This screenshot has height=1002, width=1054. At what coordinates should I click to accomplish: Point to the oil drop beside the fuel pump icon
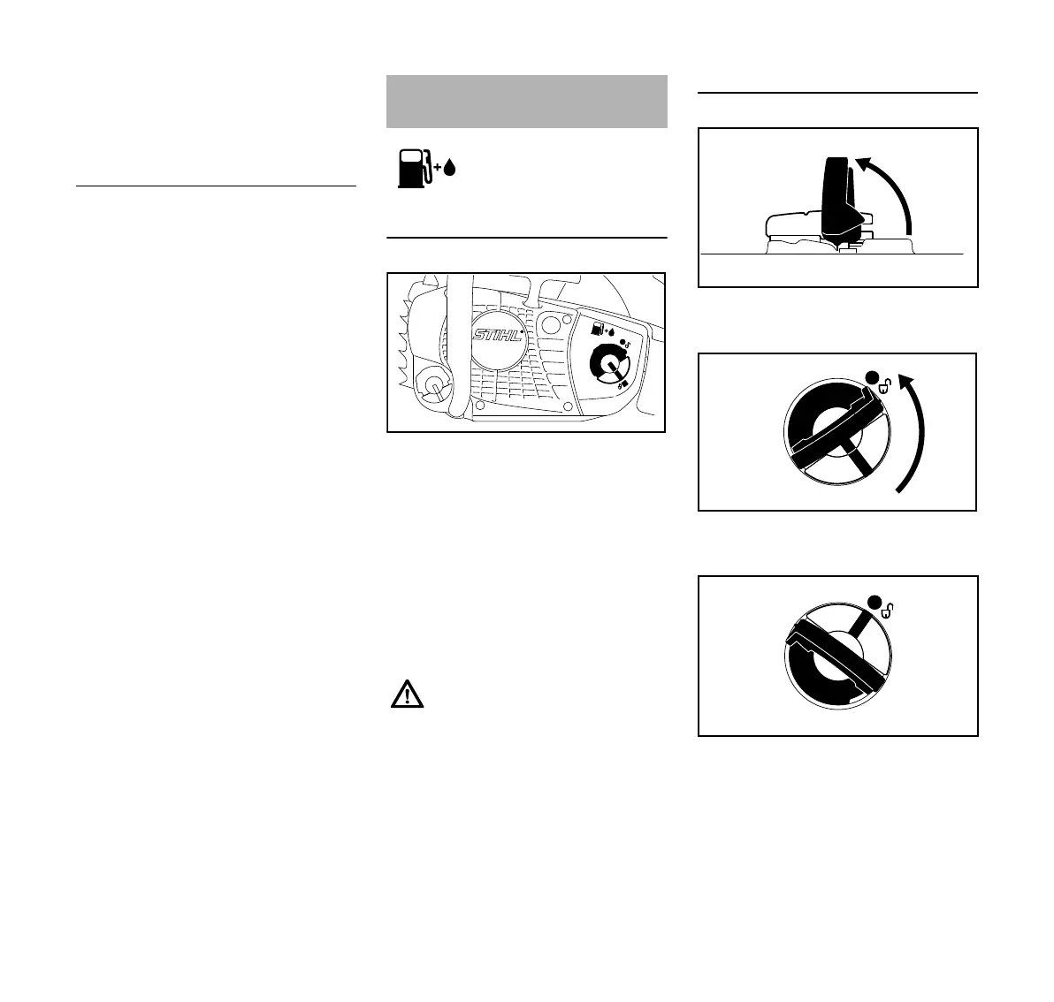coord(448,168)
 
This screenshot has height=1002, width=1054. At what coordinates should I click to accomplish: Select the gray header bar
coord(526,102)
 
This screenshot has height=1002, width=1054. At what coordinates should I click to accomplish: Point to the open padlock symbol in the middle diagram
coord(886,385)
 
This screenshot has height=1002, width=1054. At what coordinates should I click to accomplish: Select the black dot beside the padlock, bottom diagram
coord(875,603)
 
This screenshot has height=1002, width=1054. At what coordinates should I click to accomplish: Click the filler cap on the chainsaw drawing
coord(608,362)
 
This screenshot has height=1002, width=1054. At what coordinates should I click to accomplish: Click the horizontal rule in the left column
coord(216,186)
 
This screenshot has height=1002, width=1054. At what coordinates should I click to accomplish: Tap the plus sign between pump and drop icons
coord(436,168)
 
